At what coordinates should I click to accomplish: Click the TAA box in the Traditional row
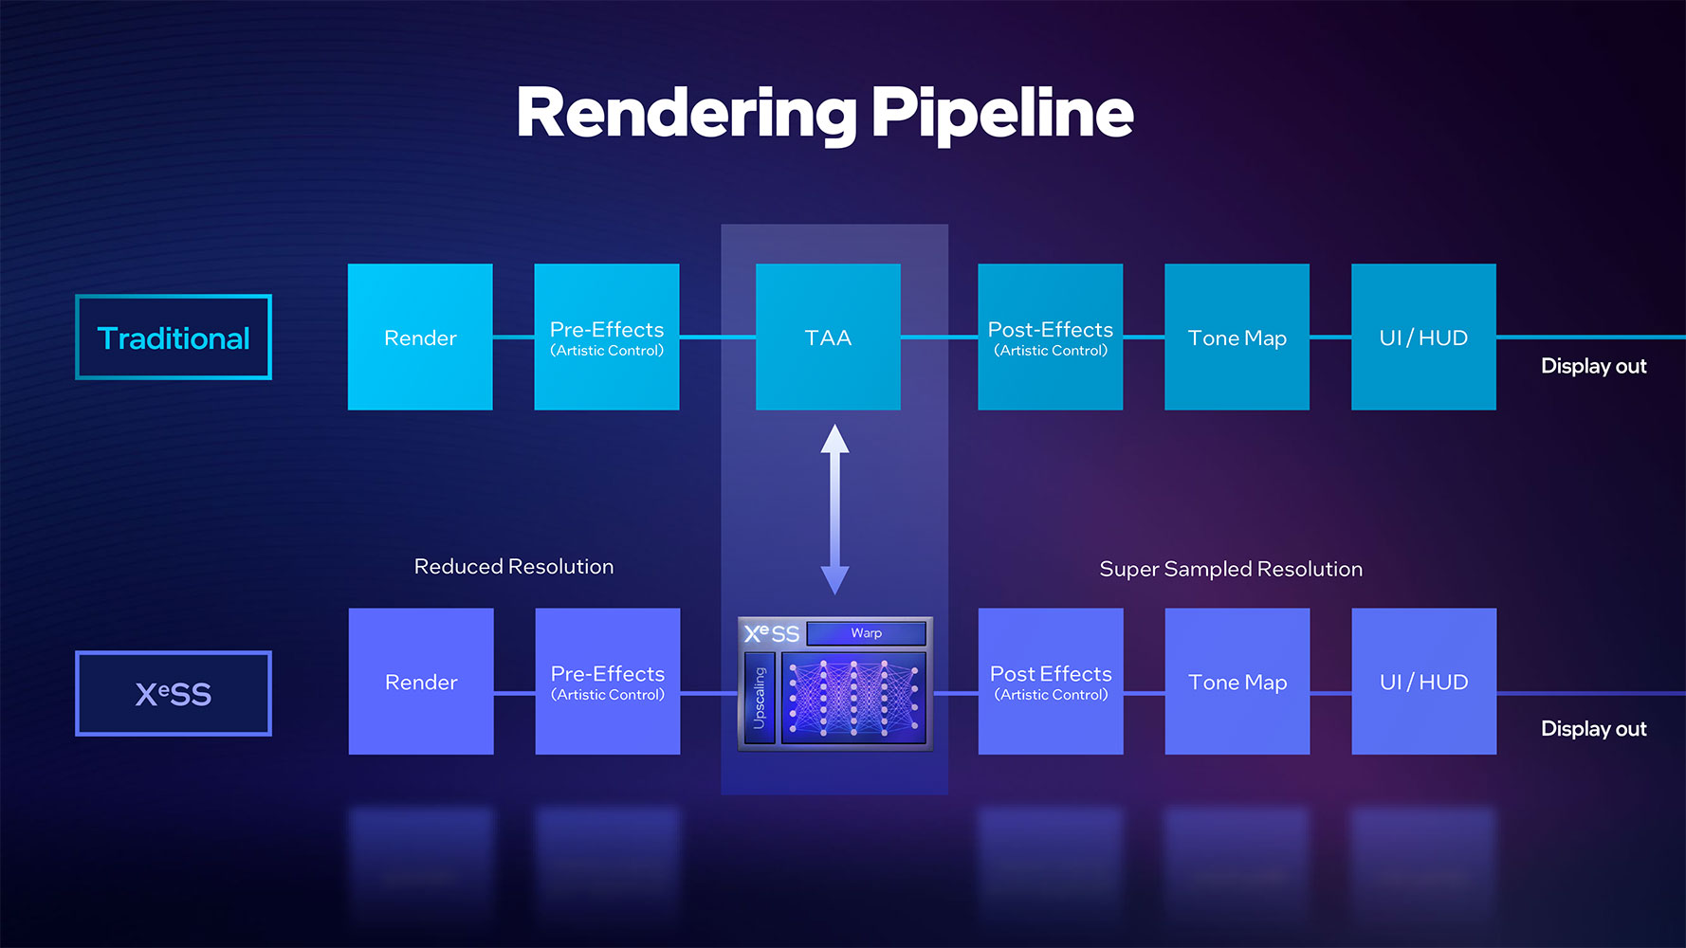coord(828,337)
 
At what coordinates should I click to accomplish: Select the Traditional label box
coord(174,337)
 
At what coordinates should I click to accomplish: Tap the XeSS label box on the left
coord(174,693)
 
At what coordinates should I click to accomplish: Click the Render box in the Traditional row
coord(420,337)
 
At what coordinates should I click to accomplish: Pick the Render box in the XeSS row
coord(421,682)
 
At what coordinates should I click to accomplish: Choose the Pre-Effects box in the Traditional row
coord(607,337)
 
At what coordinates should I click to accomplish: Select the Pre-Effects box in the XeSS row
coord(608,682)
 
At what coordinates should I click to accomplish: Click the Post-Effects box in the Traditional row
coord(1051,337)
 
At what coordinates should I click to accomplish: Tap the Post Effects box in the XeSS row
coord(1051,682)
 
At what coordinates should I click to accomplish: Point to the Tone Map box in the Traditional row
coord(1237,337)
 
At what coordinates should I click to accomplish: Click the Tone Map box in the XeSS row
coord(1237,682)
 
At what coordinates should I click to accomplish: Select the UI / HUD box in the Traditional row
coord(1424,337)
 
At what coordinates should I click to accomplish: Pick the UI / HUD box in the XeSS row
coord(1424,682)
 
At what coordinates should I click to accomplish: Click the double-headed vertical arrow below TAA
coord(834,509)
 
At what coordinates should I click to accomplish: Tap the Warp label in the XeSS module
coord(867,633)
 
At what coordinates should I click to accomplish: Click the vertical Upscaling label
coord(760,698)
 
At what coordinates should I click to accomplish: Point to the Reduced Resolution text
coord(514,567)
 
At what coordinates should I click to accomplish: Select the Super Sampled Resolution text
coord(1231,570)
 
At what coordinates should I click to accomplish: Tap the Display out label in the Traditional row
coord(1594,366)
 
